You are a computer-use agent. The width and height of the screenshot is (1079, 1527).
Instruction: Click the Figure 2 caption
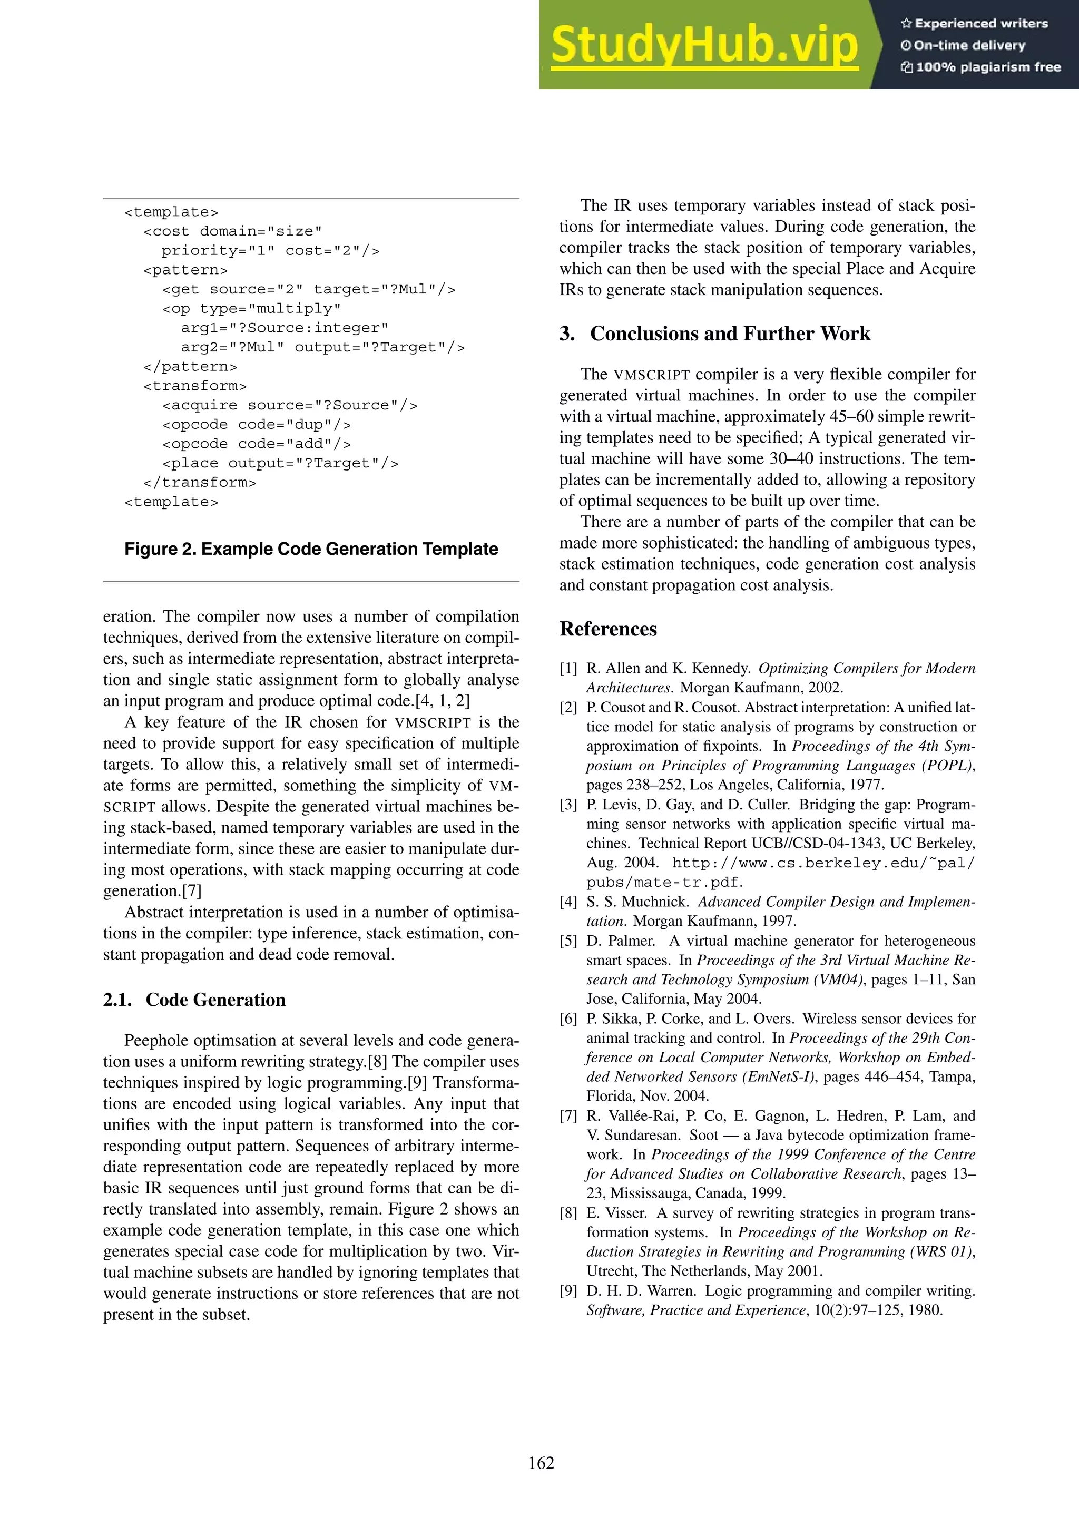(x=311, y=550)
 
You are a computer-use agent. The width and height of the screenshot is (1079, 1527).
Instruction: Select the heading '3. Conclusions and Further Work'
(x=715, y=334)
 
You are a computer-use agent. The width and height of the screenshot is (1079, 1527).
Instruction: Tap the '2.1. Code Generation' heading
(x=194, y=1000)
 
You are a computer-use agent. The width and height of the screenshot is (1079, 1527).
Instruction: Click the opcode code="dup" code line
(x=256, y=424)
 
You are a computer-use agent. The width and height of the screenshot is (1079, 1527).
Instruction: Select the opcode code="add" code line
(x=256, y=444)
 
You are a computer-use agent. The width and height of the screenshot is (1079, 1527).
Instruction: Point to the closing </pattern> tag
(x=190, y=366)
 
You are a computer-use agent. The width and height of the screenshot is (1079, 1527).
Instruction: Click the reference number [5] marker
(x=568, y=941)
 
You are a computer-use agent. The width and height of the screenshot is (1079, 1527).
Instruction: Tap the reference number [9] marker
(x=568, y=1291)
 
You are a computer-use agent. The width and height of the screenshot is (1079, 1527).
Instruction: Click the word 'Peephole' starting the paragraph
(x=156, y=1041)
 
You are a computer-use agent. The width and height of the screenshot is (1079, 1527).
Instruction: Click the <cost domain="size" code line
(x=233, y=231)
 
